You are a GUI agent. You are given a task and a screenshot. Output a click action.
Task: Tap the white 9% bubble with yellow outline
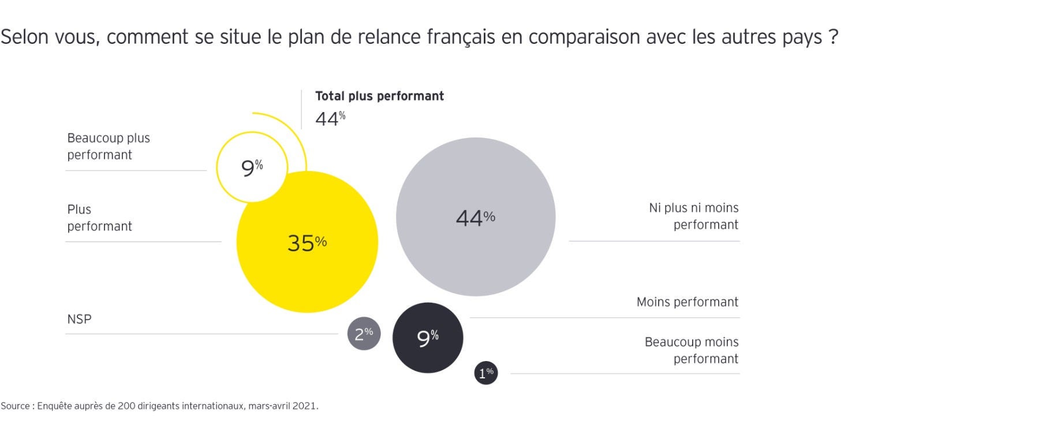[x=252, y=168]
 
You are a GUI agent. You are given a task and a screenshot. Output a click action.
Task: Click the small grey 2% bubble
[x=364, y=334]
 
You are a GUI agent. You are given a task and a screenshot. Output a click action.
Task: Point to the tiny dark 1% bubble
[x=486, y=373]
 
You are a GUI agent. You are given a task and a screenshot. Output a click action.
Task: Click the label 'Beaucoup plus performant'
[x=109, y=147]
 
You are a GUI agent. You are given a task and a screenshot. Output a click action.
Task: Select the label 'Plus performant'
[x=99, y=218]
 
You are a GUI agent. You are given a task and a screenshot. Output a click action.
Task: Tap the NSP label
[x=79, y=319]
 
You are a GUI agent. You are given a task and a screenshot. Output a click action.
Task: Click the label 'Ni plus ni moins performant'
[x=694, y=216]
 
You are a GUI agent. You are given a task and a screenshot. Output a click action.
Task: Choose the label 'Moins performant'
[x=687, y=302]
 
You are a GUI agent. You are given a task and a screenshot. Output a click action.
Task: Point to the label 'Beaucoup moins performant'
[x=692, y=350]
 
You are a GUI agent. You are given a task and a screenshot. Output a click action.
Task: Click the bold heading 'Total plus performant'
[x=379, y=96]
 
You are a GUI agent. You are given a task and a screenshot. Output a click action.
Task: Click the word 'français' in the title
[x=461, y=37]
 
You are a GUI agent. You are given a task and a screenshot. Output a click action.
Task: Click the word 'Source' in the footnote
[x=15, y=406]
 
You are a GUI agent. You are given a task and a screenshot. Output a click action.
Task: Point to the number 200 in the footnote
[x=126, y=406]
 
